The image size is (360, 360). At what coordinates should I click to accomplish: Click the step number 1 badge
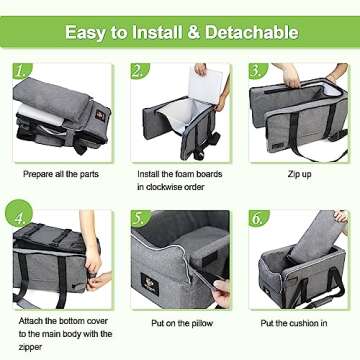tap(23, 73)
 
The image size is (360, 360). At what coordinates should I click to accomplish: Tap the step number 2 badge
tap(140, 73)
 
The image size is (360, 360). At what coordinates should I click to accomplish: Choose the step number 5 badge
tap(140, 214)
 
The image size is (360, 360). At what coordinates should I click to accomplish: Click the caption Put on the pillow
tap(179, 324)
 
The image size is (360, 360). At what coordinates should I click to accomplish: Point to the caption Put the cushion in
tap(297, 324)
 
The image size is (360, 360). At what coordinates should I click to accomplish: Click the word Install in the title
tap(157, 32)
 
